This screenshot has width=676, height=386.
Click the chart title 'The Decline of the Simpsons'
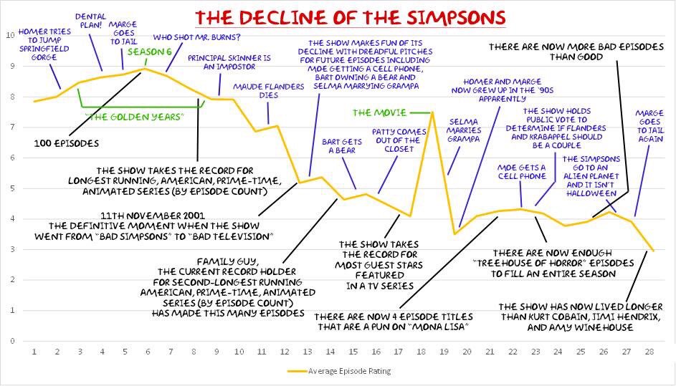point(351,16)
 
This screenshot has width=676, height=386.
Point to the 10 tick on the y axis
point(9,35)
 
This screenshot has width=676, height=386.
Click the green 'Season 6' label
point(148,52)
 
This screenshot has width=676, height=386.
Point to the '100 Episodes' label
point(66,143)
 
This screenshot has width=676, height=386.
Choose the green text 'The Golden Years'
point(134,116)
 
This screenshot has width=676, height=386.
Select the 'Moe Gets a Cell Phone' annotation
point(521,173)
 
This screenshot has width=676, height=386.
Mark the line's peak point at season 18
point(432,112)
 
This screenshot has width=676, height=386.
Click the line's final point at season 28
point(652,251)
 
